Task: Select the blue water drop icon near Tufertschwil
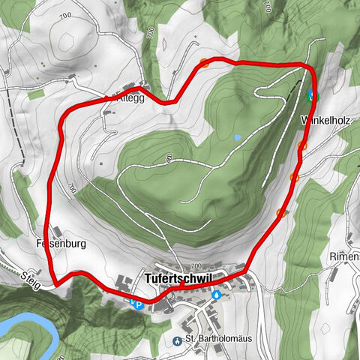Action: [x=217, y=295]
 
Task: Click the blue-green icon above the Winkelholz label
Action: [x=311, y=95]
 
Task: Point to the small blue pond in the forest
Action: [x=237, y=138]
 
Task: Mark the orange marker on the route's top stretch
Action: [x=204, y=63]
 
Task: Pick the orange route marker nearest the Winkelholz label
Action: [x=302, y=145]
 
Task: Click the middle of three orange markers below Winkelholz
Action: [x=295, y=178]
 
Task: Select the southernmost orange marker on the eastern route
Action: [x=280, y=213]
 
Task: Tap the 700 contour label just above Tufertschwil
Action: [x=197, y=267]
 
